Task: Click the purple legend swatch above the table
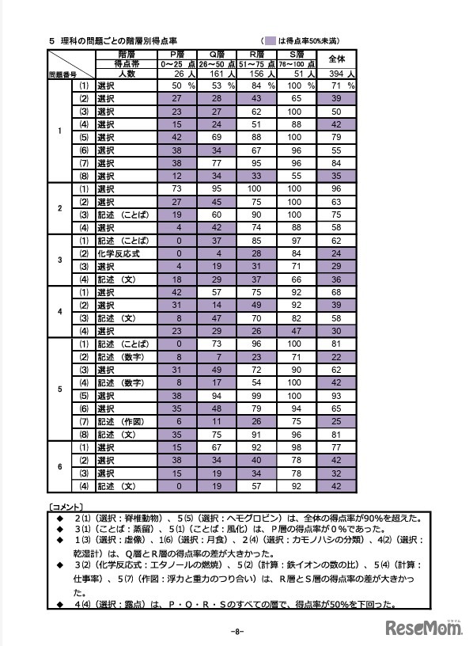271,40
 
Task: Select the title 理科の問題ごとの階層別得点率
115,40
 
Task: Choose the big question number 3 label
60,260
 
